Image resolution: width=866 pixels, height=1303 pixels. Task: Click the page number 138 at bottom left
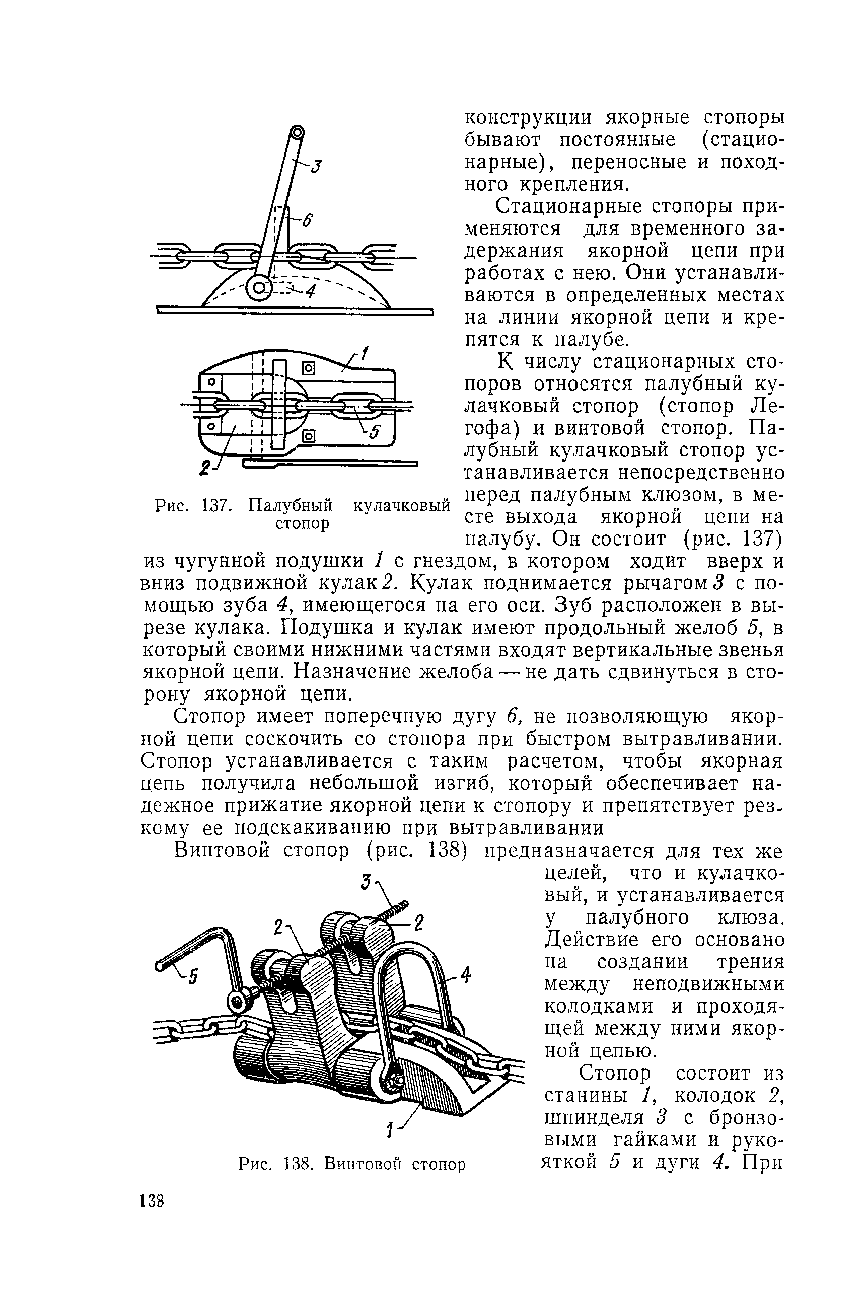click(x=153, y=1201)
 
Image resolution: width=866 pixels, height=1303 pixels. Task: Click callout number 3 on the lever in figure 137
click(x=315, y=167)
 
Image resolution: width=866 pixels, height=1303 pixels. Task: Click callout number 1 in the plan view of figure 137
click(x=365, y=354)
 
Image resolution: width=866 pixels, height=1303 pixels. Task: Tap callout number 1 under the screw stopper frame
click(x=391, y=1131)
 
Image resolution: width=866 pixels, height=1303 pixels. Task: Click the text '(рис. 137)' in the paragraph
click(x=731, y=539)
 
